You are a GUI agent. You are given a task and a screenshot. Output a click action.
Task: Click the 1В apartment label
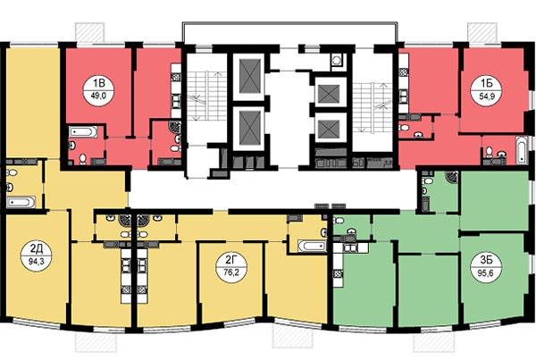coord(98,83)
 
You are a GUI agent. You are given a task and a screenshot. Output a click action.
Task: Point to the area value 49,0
coord(98,96)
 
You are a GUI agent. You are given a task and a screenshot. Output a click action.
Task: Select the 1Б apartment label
coord(486,83)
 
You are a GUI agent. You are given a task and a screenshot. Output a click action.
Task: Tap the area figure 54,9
coord(486,96)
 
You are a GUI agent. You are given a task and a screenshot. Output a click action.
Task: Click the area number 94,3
coord(37,262)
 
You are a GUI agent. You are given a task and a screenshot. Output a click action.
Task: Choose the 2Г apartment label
coord(231,261)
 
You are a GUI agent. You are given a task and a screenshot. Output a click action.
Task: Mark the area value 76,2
coord(231,273)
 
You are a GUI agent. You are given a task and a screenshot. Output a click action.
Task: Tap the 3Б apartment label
coord(486,260)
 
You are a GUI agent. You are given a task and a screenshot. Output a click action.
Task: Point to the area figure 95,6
coord(486,272)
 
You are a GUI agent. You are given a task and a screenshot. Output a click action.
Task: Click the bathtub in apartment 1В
coord(83,131)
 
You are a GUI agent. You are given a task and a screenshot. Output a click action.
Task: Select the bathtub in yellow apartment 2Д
coord(21,202)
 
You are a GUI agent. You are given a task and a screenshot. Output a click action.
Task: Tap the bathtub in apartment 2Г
coord(312,247)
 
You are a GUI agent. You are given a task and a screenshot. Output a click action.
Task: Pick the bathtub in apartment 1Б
coord(521,150)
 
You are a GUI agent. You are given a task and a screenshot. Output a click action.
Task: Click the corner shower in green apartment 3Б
coord(452,177)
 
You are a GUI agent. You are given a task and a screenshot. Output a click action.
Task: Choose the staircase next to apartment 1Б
coord(372,107)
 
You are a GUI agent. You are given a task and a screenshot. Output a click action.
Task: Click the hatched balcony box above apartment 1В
coord(89,32)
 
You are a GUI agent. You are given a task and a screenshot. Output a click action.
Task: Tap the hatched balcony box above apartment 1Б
coord(482,32)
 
